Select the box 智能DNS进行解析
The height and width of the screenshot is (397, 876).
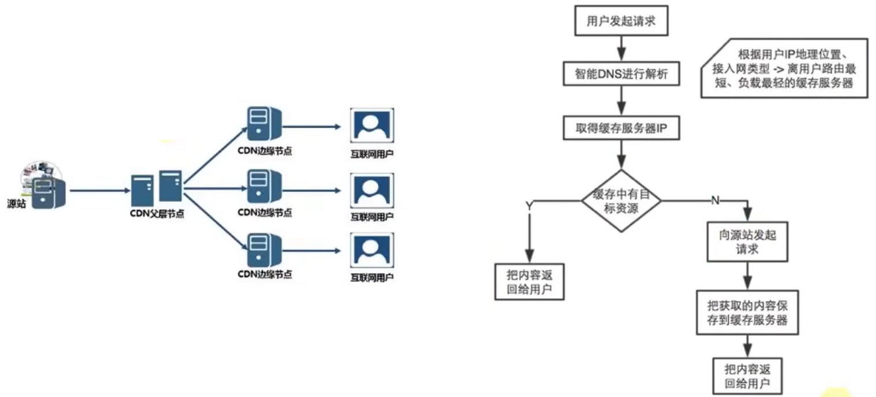coord(620,73)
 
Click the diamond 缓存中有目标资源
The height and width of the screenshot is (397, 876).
coord(621,201)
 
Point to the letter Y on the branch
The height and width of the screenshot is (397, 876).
coord(528,206)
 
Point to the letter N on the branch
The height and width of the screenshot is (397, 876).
coord(715,201)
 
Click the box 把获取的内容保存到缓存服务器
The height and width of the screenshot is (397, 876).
coord(747,313)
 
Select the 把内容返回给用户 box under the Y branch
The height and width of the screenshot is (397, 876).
coord(529,281)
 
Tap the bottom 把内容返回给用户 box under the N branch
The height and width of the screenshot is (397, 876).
coord(747,376)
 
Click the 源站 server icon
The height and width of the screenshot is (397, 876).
coord(47,192)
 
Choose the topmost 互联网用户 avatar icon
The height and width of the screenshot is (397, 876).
coord(372,125)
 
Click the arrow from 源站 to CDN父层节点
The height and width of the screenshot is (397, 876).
coord(98,190)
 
